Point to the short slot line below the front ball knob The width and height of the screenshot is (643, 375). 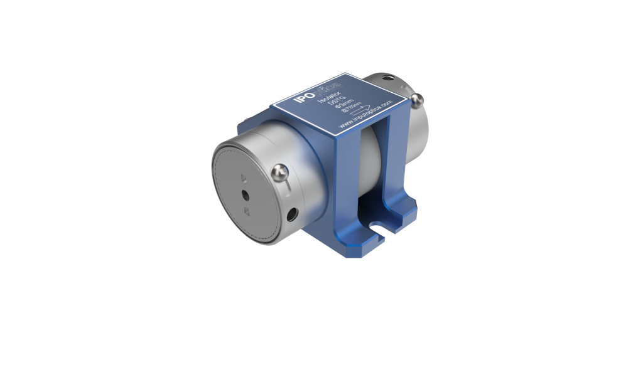click(284, 187)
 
